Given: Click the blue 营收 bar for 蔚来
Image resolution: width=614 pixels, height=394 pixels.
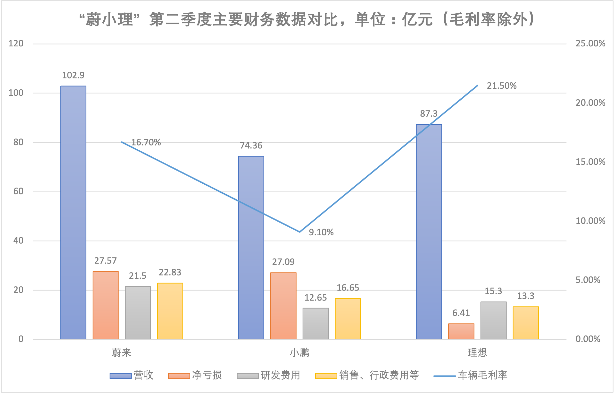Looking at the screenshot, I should pos(73,212).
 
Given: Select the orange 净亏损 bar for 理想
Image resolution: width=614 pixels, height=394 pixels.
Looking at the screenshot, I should pos(461,332).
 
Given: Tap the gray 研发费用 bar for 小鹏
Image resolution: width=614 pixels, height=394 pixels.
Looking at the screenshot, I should pos(315,324).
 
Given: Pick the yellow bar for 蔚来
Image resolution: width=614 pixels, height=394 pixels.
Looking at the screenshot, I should pos(170,311).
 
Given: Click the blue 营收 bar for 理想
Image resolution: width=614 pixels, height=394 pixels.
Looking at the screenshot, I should pos(429,231).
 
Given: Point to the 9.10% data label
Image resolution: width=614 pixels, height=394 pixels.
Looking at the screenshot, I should pos(321,232).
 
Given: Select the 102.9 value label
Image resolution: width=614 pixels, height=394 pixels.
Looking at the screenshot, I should pos(73,75).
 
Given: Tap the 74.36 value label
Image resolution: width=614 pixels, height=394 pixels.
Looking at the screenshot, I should pos(251,146).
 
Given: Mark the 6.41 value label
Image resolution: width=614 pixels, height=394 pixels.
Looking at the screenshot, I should pos(461,313).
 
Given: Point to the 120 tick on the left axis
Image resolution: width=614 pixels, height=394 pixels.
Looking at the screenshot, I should pos(16,43).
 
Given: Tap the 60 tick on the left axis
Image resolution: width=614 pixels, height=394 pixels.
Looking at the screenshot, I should pos(18,191).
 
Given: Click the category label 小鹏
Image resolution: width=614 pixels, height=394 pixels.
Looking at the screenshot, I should pos(299,353).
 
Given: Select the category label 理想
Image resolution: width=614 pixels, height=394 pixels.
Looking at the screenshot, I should pos(477,353).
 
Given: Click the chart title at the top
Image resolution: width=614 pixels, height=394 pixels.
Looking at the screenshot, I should pos(307,19).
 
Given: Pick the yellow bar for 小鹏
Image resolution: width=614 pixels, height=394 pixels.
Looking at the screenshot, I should pos(348,319).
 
